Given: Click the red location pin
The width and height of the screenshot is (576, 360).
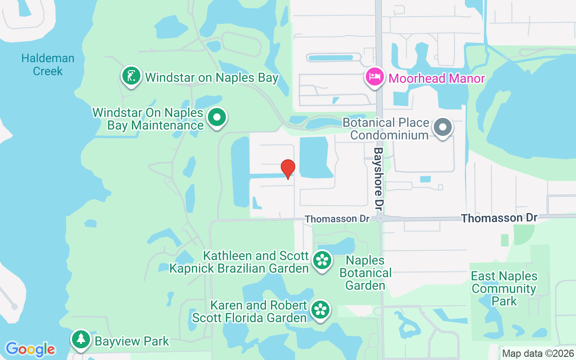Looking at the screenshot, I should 288,169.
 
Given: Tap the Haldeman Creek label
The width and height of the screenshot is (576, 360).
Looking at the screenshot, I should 48,65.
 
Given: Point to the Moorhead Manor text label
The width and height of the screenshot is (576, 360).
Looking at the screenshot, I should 436,78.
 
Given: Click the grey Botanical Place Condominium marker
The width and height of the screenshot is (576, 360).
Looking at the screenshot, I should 443,127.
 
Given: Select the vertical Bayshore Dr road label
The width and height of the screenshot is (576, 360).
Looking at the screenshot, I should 379,179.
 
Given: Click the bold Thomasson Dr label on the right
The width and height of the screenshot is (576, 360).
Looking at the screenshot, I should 499,218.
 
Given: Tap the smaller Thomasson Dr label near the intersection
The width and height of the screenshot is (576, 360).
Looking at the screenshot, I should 337,219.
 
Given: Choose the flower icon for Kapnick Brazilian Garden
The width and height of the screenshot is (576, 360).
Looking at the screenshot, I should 322,260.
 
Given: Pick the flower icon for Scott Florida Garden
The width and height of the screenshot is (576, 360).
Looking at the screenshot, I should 320,309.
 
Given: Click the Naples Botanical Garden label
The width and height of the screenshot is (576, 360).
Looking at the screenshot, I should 365,273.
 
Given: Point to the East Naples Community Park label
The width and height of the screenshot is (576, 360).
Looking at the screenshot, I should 504,288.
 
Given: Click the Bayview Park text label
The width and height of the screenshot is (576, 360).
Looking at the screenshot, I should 132,341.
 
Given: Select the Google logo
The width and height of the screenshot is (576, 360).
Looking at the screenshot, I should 30,349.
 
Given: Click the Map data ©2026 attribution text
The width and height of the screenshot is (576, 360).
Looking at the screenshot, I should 538,353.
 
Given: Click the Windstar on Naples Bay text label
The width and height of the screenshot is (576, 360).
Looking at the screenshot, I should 211,77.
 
